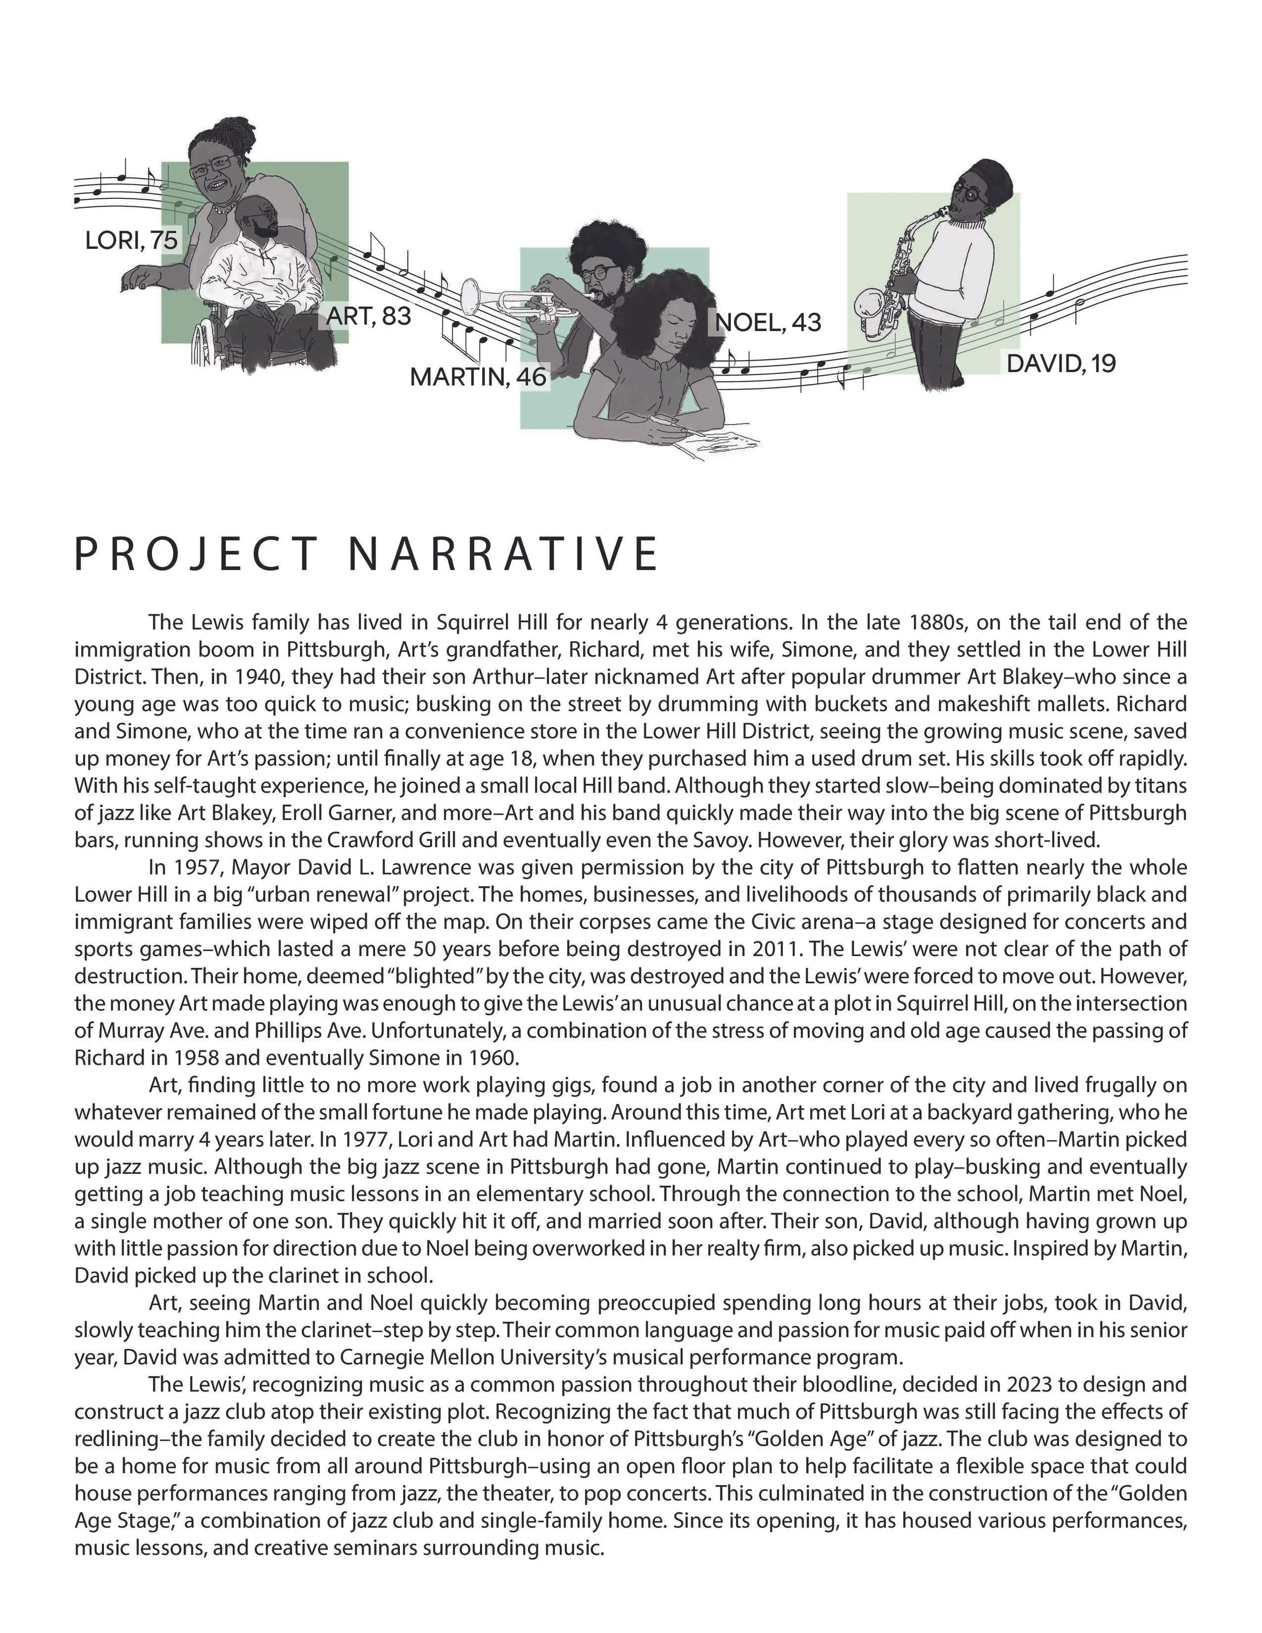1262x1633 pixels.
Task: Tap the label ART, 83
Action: pos(369,317)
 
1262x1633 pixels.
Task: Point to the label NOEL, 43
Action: pos(768,322)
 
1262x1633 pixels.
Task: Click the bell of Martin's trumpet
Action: pos(472,296)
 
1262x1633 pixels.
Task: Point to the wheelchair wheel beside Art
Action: pos(205,340)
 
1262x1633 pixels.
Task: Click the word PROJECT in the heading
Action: pos(196,554)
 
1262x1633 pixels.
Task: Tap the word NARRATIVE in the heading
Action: pos(503,554)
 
